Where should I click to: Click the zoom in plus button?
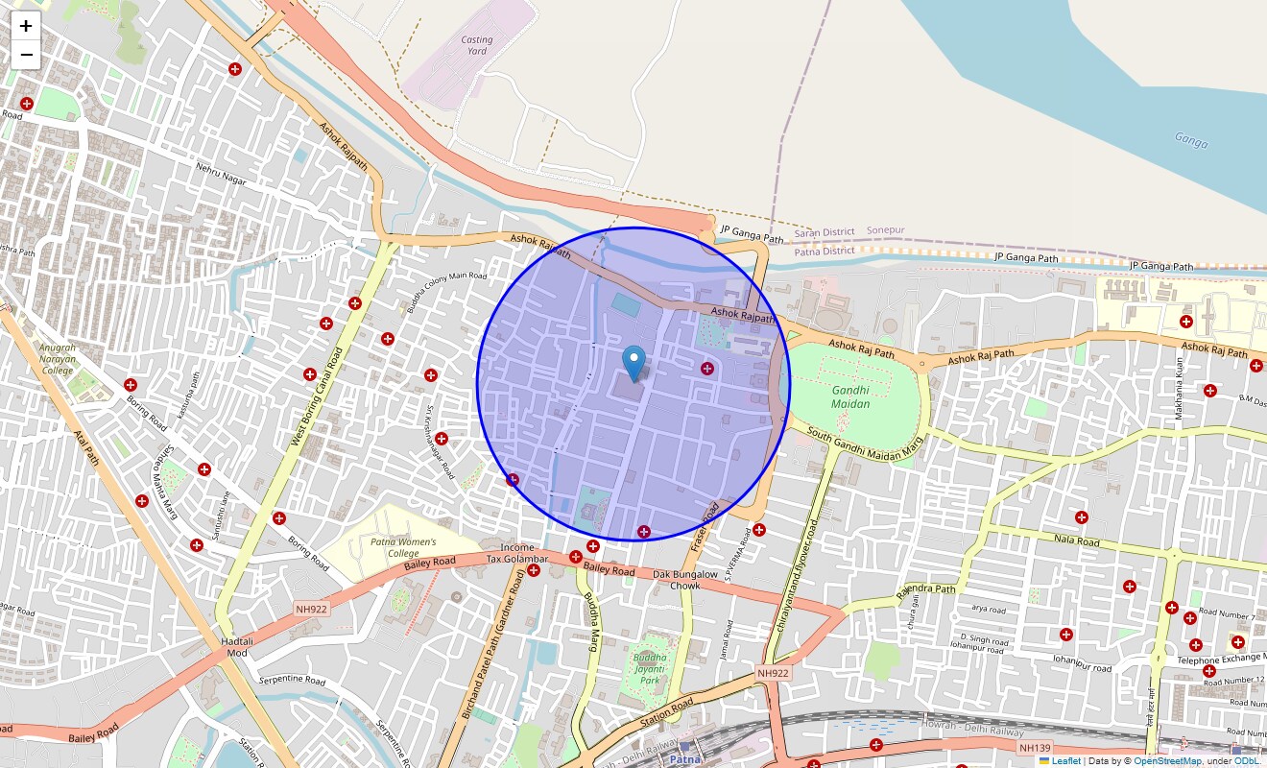click(26, 26)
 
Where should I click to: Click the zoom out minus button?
click(26, 55)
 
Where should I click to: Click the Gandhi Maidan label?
click(850, 397)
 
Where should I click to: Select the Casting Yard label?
click(476, 45)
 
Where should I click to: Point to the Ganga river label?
click(1191, 140)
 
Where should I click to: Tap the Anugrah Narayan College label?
click(58, 358)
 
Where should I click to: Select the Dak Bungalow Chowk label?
click(685, 580)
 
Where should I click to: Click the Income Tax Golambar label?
click(517, 553)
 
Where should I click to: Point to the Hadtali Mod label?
click(237, 646)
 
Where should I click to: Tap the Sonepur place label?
click(885, 231)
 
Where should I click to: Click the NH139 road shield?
click(1035, 747)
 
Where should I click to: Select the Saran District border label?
click(824, 232)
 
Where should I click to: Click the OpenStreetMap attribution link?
click(1167, 761)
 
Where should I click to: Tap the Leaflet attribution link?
click(1065, 761)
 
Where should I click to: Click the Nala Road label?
click(1076, 540)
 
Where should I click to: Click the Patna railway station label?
click(684, 758)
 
